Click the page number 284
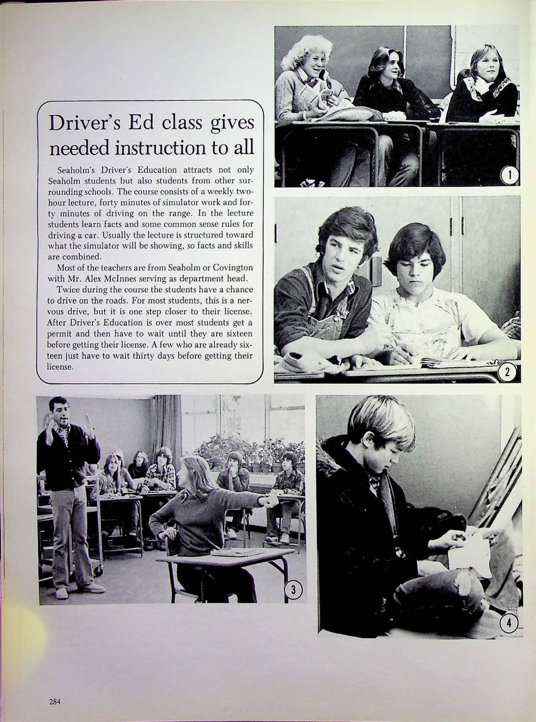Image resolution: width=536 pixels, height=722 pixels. tap(54, 701)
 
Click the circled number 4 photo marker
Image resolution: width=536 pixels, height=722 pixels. tap(509, 623)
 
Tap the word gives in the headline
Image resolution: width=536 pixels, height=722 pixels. tap(234, 123)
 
